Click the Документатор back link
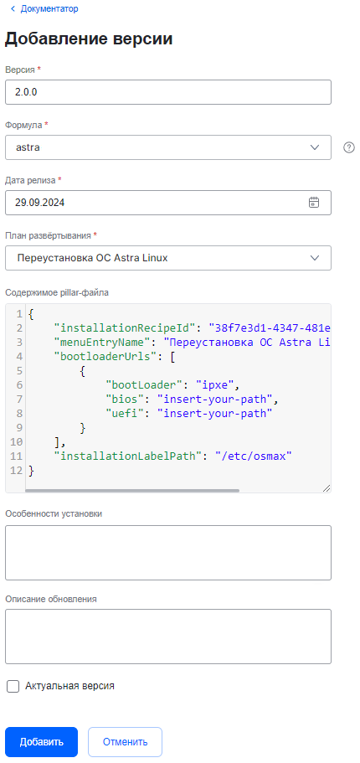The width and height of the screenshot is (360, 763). (44, 8)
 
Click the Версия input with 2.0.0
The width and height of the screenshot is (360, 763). (167, 92)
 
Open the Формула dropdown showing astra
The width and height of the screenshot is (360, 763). (167, 147)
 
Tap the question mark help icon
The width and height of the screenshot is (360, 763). (349, 147)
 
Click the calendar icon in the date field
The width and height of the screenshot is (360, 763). (314, 203)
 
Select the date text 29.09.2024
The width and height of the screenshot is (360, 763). (40, 203)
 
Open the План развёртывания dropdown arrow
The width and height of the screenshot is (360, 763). (315, 258)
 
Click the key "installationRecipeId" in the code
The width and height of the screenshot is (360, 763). (126, 327)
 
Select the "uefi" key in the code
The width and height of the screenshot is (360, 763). (125, 414)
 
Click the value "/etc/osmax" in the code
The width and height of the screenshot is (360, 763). (254, 456)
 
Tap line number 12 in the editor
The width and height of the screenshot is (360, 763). (16, 471)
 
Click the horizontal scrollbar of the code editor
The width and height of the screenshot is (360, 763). (132, 491)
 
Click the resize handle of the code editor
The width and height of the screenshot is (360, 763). (327, 488)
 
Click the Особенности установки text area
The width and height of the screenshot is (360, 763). (167, 552)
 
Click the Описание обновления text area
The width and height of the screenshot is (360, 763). (167, 636)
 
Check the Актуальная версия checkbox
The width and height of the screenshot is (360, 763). (13, 687)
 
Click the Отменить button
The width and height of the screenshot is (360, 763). (125, 742)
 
